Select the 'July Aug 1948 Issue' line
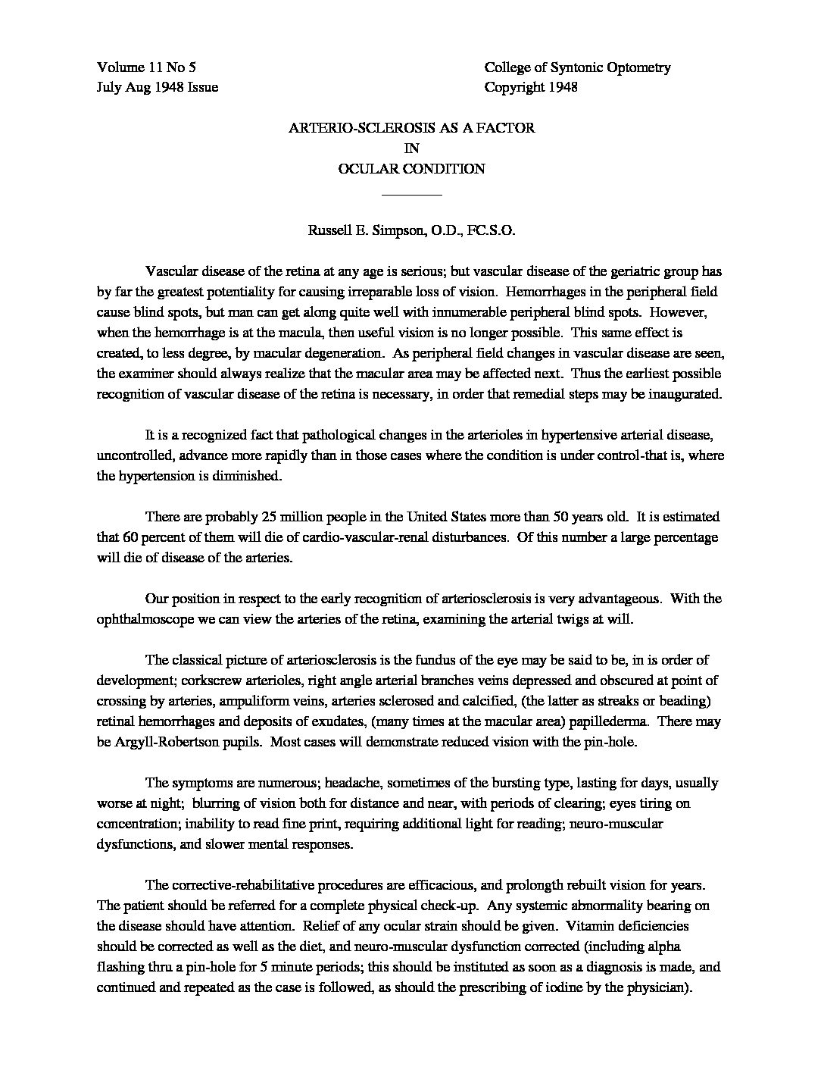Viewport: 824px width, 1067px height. (158, 87)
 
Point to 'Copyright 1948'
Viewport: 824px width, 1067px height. (531, 87)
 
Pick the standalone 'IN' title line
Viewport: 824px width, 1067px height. (411, 149)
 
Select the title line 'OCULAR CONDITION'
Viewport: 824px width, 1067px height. (411, 169)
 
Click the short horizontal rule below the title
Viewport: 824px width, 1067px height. (411, 196)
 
